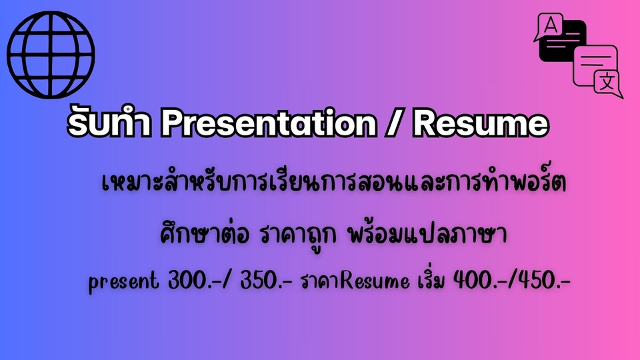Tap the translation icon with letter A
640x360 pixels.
577,55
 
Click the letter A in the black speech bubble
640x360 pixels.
551,26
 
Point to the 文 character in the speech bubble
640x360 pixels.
607,83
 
